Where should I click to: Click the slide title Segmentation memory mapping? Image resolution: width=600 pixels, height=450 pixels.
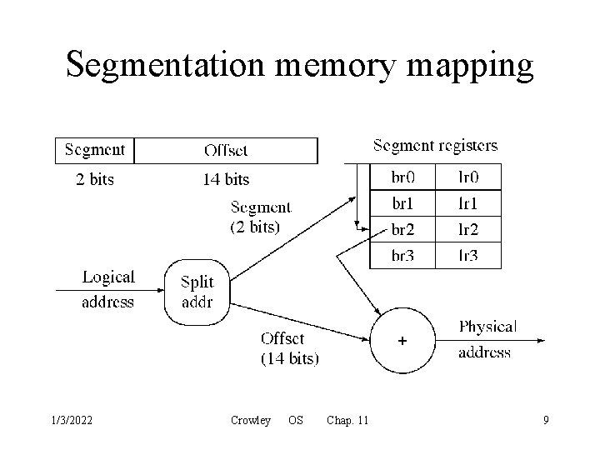pos(299,64)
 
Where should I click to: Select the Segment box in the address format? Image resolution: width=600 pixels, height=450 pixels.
pos(94,151)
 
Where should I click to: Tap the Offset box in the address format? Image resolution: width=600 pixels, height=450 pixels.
pos(226,151)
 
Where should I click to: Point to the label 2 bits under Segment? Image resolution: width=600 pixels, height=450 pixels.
pos(95,178)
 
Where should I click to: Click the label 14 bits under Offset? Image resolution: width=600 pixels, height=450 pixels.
pos(226,178)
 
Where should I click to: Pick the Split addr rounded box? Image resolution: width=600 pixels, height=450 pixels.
pos(197,292)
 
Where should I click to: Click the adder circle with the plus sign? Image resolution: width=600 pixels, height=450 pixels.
pos(402,341)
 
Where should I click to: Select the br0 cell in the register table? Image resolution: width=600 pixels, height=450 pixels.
pos(402,177)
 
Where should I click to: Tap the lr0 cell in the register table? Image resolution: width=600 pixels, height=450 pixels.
pos(468,177)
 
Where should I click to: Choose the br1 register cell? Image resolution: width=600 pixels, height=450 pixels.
pos(402,202)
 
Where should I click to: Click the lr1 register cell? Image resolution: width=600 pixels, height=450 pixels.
pos(468,202)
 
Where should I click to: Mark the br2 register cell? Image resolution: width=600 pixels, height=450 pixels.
pos(402,229)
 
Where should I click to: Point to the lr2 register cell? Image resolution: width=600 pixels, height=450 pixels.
pos(468,229)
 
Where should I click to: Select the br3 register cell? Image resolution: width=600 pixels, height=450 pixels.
pos(402,255)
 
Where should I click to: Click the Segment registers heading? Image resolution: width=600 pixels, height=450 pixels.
pos(435,146)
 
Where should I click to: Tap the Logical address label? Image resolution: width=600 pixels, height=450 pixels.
pos(107,289)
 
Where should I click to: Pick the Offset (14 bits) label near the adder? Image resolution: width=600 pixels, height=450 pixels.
pos(288,348)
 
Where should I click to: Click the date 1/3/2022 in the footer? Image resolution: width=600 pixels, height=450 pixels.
pos(71,421)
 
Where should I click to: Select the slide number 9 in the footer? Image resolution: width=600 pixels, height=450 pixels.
pos(546,421)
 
